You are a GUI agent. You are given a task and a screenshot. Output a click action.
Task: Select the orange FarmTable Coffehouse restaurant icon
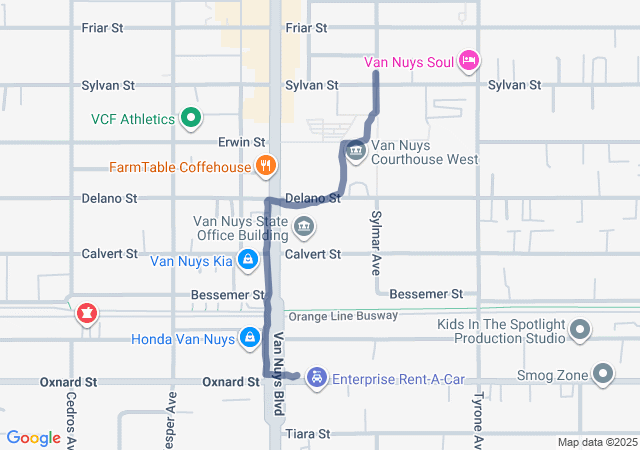[x=265, y=166]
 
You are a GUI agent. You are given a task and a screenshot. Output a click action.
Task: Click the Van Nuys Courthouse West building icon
[x=355, y=151]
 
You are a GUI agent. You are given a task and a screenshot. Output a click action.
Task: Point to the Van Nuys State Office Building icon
[x=304, y=229]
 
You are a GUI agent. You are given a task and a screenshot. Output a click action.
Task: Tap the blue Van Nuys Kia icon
[x=248, y=262]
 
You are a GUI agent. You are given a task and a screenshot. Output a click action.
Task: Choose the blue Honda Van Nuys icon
[x=247, y=338]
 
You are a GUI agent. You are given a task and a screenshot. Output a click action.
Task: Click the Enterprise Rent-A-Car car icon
[x=316, y=378]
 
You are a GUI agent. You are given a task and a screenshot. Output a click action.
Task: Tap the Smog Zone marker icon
[x=602, y=375]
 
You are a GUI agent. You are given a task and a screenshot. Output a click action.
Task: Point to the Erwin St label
[x=244, y=142]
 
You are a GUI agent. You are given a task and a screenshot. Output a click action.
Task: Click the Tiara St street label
[x=306, y=434]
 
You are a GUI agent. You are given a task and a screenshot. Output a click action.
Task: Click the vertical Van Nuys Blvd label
[x=281, y=363]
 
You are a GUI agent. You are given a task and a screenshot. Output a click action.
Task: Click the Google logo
[x=34, y=438]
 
